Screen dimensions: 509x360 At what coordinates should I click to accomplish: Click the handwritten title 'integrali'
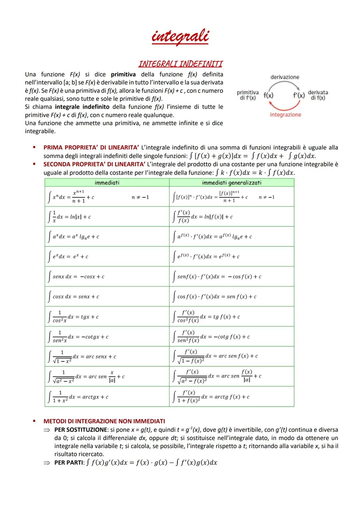coord(180,37)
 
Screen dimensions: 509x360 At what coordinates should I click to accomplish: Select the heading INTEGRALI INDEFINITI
coord(180,64)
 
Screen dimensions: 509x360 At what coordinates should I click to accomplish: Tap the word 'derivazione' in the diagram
coord(285,77)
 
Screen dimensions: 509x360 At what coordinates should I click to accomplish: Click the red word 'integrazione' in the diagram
coord(285,115)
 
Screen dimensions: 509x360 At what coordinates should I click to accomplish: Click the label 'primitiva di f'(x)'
coord(248,95)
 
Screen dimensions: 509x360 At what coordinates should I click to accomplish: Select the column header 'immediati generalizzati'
coord(232,183)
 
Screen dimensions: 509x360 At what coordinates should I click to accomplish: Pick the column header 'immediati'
coord(107,183)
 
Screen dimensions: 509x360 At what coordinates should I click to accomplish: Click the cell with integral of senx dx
coord(107,276)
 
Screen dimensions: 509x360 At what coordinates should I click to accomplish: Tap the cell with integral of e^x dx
coord(107,256)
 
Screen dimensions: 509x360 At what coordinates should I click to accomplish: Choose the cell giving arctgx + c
coord(107,397)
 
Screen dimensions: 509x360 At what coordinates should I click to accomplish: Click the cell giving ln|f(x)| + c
coord(232,217)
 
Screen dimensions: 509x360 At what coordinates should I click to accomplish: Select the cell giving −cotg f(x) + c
coord(232,337)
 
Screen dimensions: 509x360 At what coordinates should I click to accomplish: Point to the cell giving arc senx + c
coord(107,356)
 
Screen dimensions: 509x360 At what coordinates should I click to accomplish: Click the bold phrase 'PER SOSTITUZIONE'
coord(81,430)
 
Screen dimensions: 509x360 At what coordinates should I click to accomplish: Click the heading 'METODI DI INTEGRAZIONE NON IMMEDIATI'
coord(104,421)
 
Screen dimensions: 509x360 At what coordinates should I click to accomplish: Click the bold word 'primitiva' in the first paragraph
coord(123,74)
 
